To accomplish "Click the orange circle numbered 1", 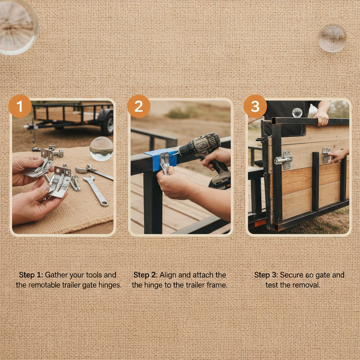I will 20,106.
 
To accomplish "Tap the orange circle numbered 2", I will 139,106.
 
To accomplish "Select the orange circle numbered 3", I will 255,106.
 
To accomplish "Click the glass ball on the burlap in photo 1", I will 101,149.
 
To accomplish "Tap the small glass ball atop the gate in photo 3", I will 297,112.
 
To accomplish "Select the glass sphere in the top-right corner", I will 332,38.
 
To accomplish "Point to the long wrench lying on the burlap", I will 96,191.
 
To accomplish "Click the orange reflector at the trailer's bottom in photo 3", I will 260,223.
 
